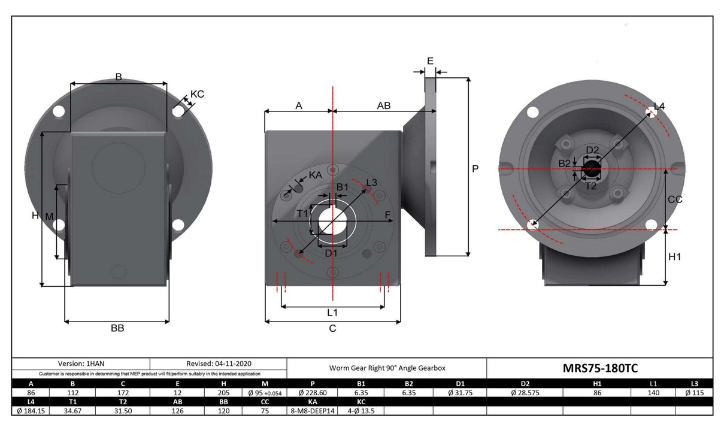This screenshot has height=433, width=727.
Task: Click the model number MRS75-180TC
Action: pos(599,368)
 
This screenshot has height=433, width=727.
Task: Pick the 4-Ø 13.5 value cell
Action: pos(361,411)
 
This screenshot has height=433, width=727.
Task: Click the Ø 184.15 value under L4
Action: pos(31,411)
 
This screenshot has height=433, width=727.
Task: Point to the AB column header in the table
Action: pos(177,402)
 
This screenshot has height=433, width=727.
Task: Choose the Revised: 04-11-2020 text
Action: pos(217,364)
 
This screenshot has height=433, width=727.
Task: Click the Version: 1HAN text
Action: pos(81,364)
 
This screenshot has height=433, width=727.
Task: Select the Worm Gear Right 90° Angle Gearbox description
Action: pos(387,368)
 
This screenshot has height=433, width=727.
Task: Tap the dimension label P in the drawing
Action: pos(475,169)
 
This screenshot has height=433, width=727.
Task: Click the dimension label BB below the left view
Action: pos(117,328)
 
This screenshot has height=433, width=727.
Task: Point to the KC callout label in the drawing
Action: pos(197,94)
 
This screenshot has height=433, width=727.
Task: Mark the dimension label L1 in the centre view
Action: pos(332,312)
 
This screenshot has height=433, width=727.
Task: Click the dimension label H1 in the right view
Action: pos(675,257)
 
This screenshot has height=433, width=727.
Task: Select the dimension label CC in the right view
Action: pos(675,200)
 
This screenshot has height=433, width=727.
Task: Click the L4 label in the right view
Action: pos(659,107)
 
